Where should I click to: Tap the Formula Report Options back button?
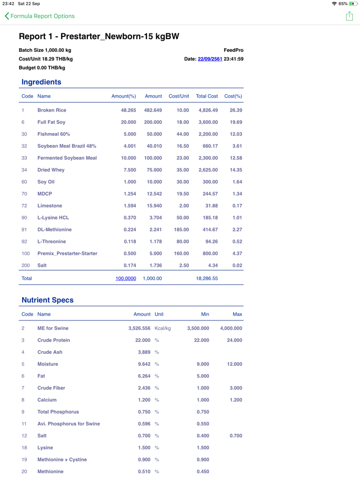tap(40, 16)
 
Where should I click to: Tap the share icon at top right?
tap(349, 16)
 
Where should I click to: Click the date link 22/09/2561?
tap(210, 59)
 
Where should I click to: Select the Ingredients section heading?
tap(41, 82)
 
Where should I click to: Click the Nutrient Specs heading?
tap(47, 300)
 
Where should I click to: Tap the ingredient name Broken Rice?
tap(51, 110)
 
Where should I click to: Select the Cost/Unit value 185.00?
tap(181, 230)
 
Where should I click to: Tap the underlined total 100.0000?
tap(125, 279)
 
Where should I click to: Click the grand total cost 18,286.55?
tap(207, 279)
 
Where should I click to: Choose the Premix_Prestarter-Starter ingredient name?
tap(67, 253)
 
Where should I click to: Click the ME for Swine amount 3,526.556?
tap(139, 328)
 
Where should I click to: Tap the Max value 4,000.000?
tap(231, 328)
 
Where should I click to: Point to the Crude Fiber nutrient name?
tap(51, 388)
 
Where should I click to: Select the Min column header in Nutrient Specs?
tap(205, 314)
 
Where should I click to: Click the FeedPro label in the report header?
tap(233, 50)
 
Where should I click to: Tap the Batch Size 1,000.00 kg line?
tap(45, 50)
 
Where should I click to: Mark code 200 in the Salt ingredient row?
tap(25, 265)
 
